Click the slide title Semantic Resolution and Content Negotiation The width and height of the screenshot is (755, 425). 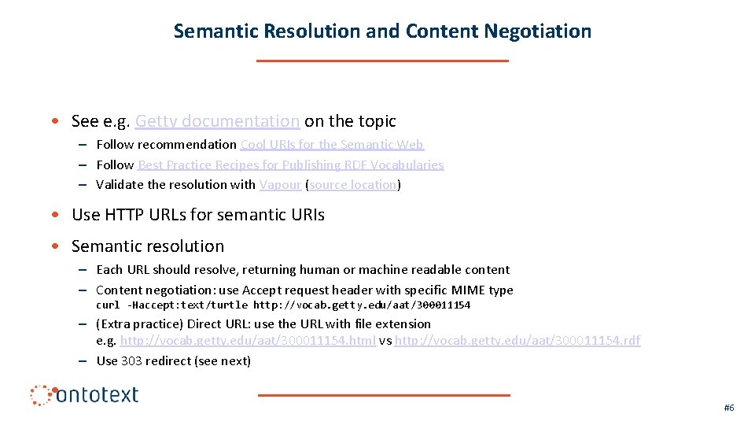(382, 31)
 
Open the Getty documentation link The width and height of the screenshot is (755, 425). (217, 121)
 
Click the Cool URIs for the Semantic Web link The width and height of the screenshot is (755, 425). (332, 145)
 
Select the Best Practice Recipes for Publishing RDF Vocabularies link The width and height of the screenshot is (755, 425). (290, 165)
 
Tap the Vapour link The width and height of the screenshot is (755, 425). (280, 185)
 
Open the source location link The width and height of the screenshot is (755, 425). (353, 185)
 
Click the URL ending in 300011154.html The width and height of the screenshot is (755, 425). (248, 341)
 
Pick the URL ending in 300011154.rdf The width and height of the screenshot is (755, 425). (517, 341)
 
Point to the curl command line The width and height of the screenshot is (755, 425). (283, 305)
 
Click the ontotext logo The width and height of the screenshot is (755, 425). (85, 394)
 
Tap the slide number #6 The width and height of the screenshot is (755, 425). (729, 408)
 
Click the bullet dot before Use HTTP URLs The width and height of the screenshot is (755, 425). (52, 215)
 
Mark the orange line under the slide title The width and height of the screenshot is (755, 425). (382, 61)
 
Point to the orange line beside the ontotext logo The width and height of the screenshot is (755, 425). (384, 395)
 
